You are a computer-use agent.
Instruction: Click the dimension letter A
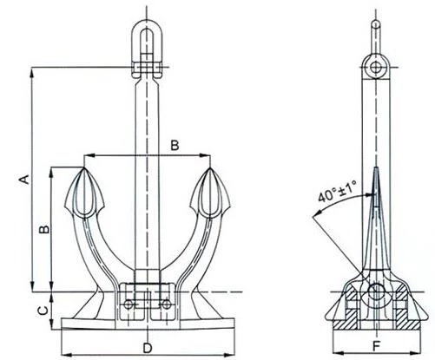tap(25, 179)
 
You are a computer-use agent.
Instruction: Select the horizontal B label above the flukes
tap(175, 145)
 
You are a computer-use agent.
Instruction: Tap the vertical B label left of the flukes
tap(44, 229)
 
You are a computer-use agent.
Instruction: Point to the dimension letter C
tap(43, 311)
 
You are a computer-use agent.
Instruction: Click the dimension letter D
tap(148, 348)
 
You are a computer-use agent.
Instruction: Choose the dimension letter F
tap(376, 346)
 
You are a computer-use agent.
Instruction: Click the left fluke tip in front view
tap(83, 167)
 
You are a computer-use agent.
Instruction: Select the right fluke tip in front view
tap(210, 167)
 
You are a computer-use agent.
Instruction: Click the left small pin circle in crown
tap(128, 304)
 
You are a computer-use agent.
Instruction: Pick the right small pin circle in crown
tap(166, 304)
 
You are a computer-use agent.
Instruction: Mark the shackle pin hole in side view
tap(376, 68)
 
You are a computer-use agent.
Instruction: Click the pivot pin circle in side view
tap(376, 291)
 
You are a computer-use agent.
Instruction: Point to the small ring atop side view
tap(376, 24)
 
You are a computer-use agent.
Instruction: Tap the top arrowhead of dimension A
tap(32, 71)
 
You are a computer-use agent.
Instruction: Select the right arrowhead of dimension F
tap(416, 353)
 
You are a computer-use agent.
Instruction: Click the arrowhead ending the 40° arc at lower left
tap(317, 213)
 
